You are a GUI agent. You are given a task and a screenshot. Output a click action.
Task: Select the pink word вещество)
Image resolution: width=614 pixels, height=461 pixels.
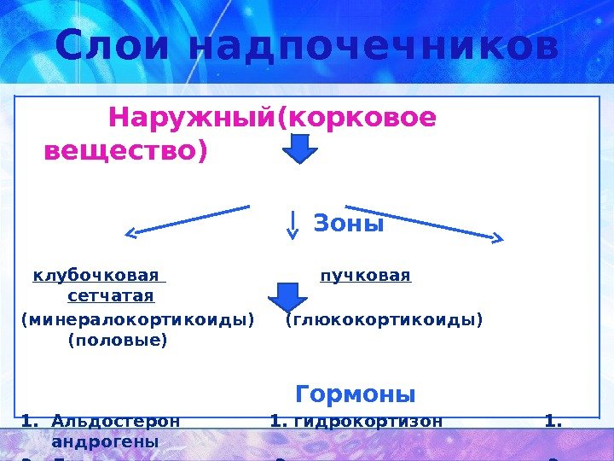coord(125,151)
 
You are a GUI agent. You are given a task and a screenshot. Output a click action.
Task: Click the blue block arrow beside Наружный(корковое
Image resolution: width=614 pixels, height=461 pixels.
coord(299,150)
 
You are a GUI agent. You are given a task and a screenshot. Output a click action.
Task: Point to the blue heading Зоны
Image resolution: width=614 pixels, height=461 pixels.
coord(349,224)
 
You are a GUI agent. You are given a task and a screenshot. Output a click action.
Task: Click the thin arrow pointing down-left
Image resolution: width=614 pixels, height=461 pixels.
coord(188,219)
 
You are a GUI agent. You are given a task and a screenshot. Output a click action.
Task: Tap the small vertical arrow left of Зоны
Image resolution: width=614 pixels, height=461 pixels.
coord(293,225)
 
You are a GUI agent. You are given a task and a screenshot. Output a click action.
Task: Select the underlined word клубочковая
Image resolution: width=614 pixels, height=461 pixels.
coord(96,276)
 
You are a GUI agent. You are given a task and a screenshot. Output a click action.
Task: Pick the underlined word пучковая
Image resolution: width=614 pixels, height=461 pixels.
coord(365,276)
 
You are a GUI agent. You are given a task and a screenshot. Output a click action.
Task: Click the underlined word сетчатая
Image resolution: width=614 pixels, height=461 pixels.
coord(110,296)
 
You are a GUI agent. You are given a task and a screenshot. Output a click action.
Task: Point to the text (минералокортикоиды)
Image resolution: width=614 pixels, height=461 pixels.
coord(137,319)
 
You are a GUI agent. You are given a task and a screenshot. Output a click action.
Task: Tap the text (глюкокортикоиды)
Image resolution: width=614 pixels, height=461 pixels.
coord(384,319)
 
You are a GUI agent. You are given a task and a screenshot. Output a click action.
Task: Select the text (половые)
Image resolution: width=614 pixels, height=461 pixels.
coord(117,340)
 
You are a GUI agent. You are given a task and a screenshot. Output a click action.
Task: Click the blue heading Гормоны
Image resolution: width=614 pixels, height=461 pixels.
coord(356,394)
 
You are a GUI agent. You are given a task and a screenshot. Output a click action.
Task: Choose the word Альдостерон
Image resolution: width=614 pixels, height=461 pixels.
coord(116,421)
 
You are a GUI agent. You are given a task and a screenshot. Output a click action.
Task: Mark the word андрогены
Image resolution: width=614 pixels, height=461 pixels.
coord(105,441)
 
